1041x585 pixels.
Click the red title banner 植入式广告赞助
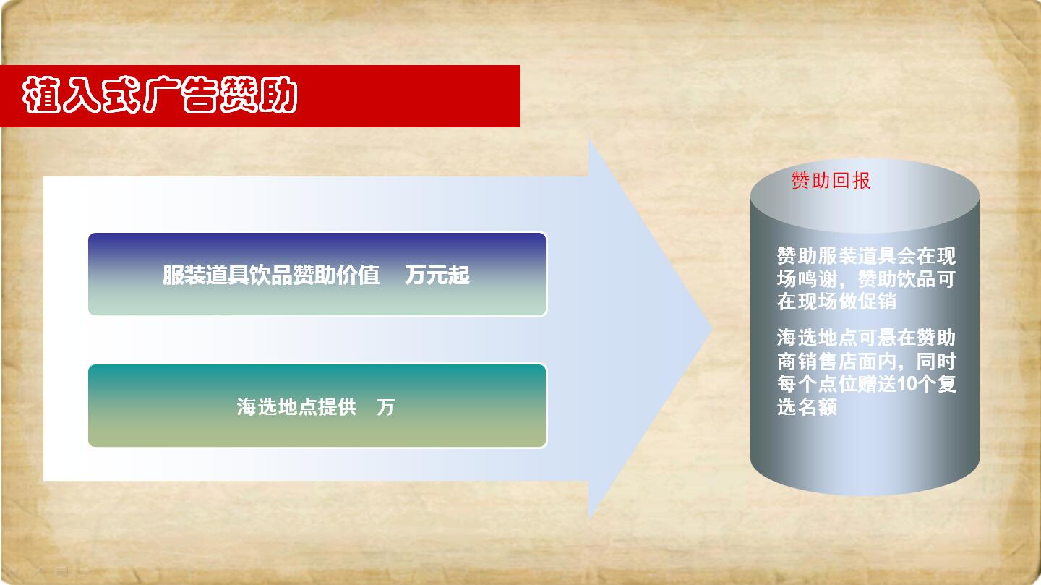[x=260, y=96]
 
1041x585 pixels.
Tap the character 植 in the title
[x=41, y=95]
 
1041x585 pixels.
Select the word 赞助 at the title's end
[x=259, y=95]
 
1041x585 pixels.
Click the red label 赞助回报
[x=831, y=181]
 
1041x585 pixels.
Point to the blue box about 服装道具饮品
[x=317, y=274]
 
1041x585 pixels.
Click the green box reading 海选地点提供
[x=317, y=406]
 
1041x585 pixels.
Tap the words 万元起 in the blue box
[x=437, y=275]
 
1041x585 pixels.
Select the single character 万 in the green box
[x=386, y=407]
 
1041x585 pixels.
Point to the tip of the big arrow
[x=713, y=329]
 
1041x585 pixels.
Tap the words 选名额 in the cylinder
[x=807, y=407]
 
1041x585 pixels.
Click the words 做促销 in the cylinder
[x=867, y=302]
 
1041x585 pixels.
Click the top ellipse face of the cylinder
[x=865, y=196]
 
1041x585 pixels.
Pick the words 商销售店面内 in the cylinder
[x=836, y=362]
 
